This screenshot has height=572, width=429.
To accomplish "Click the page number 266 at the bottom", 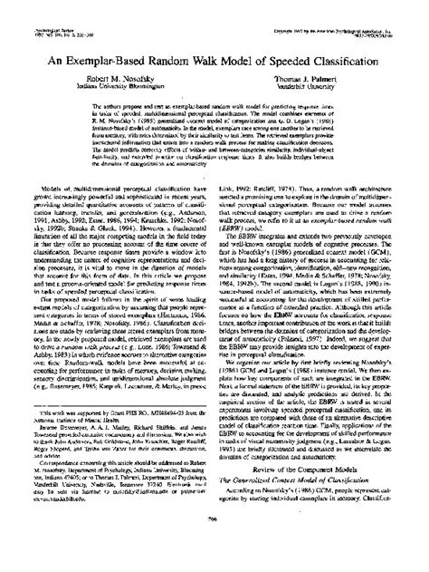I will (214, 544).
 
